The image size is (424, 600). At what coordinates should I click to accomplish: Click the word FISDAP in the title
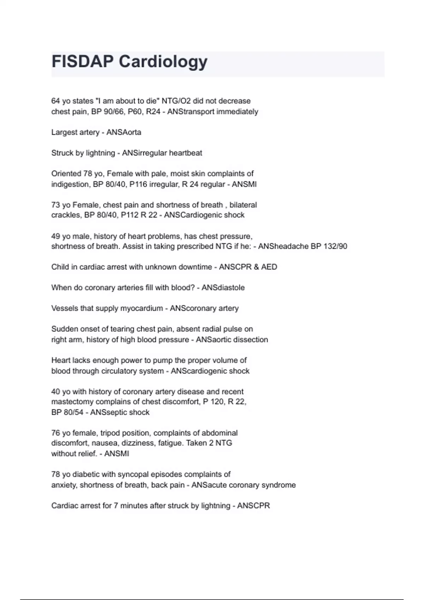click(82, 62)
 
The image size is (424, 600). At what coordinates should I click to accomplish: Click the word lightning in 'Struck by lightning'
click(100, 153)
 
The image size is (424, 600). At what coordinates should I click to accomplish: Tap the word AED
click(269, 267)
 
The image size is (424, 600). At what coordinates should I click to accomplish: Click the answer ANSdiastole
click(223, 288)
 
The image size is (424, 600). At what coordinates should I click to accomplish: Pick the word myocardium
click(141, 308)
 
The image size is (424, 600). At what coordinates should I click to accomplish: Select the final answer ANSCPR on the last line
click(253, 506)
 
